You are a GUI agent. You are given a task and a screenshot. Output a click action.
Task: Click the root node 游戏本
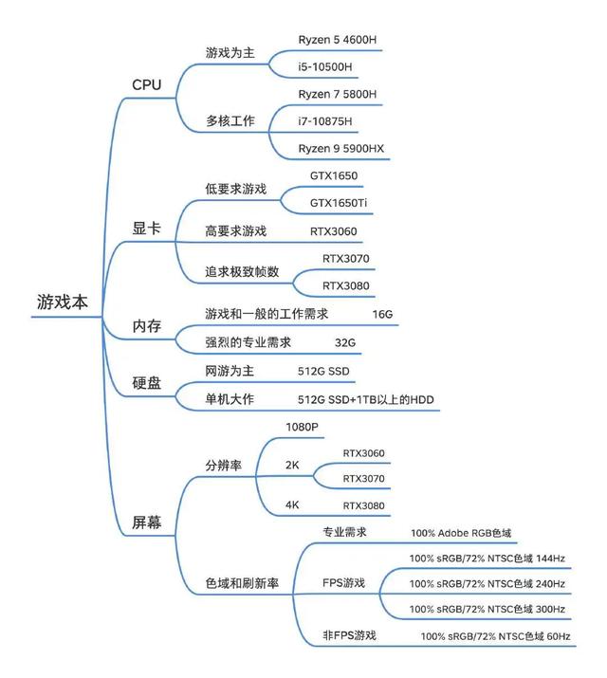63,302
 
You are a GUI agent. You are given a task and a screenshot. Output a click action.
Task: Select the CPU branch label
147,84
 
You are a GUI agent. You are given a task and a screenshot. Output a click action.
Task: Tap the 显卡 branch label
147,228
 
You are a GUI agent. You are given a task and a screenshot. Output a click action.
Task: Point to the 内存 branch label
147,325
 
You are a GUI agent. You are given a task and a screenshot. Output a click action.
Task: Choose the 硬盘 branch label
147,383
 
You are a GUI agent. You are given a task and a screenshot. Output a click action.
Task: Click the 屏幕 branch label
147,522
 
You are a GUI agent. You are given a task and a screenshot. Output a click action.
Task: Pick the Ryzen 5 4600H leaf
338,40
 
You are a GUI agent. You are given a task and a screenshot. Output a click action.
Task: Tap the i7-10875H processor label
325,121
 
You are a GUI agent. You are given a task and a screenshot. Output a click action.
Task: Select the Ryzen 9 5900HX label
341,149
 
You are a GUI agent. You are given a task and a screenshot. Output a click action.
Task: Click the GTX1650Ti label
339,203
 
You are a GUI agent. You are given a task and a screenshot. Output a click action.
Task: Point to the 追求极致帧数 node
242,272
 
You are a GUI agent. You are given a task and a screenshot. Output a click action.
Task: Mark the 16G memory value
382,315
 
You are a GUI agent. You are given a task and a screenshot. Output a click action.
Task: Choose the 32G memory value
345,343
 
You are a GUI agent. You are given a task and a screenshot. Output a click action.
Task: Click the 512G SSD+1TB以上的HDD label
366,399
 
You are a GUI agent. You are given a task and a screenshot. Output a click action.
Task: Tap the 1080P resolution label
302,428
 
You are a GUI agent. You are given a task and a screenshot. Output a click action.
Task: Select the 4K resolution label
292,505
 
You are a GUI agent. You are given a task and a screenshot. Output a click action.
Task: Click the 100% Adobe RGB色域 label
461,533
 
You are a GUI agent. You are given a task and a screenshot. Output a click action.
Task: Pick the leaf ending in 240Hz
487,584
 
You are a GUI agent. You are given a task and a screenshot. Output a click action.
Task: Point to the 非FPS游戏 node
349,635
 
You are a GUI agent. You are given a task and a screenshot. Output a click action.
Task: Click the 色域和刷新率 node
242,583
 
